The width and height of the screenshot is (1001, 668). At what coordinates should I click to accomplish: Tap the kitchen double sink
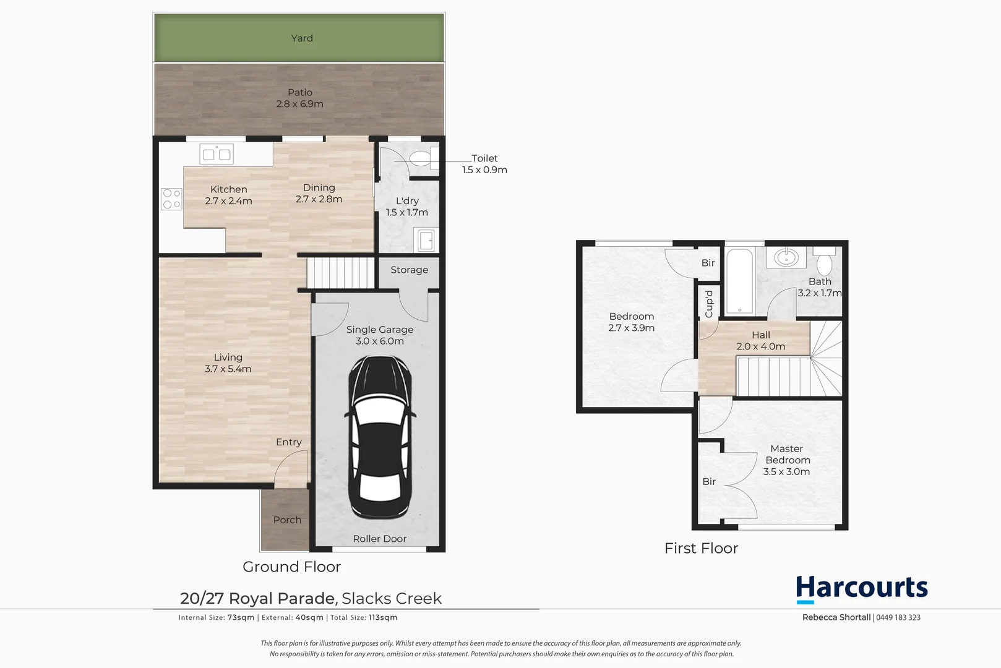pos(217,155)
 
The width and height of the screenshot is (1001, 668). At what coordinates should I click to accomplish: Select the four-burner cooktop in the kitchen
pos(172,199)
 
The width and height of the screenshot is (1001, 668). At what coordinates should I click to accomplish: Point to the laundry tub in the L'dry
pos(426,240)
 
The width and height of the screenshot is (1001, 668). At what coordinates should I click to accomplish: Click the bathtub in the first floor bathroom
pos(739,281)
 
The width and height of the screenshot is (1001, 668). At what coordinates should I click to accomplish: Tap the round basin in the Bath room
pos(786,256)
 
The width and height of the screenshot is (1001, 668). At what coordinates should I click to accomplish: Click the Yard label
pos(302,38)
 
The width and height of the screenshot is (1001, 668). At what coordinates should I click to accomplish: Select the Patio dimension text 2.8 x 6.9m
pos(300,104)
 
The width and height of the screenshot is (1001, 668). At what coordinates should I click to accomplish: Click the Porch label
pos(287,520)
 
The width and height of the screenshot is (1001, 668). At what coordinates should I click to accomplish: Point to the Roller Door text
pos(379,539)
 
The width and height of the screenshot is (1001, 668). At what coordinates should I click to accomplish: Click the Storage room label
pos(409,270)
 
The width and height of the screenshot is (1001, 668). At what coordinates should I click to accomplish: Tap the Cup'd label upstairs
pos(709,304)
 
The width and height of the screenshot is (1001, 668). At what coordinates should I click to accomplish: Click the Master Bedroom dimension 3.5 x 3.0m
pos(786,471)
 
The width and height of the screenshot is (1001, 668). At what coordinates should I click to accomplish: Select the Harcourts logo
pos(861,588)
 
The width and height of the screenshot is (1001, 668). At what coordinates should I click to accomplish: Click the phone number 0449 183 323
pos(898,617)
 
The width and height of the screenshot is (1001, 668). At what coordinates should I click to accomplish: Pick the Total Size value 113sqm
pos(383,617)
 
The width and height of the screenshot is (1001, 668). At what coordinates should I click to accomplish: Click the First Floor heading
pos(701,548)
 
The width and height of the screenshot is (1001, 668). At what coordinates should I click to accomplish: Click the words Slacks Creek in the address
pos(392,599)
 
